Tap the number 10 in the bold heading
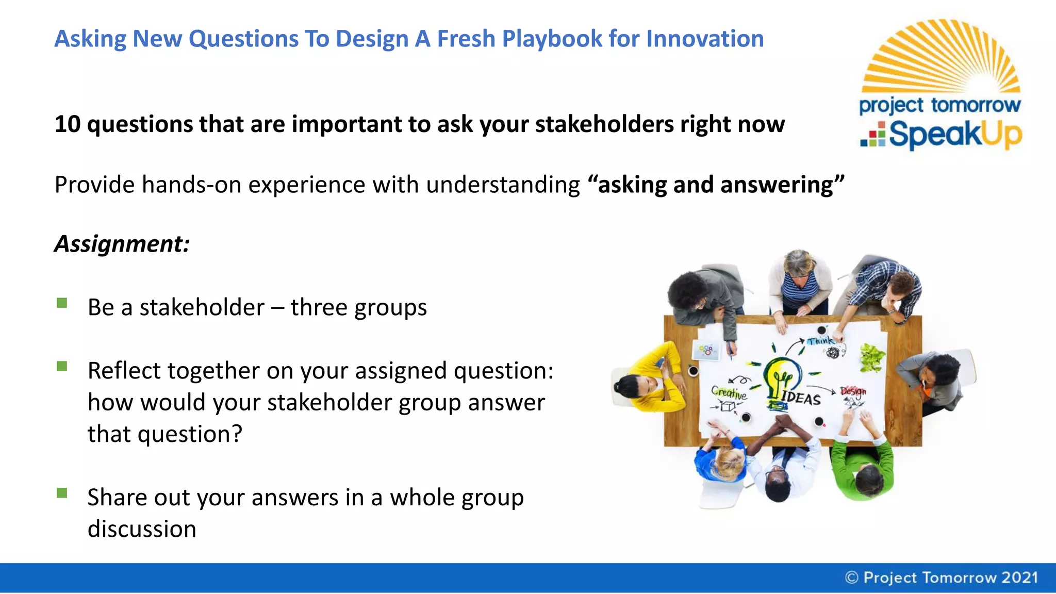(x=68, y=124)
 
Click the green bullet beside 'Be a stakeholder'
(x=62, y=303)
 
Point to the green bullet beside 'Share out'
(x=62, y=493)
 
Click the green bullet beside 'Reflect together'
(x=62, y=367)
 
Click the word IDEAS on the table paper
(x=800, y=398)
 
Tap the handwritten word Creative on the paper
(x=728, y=393)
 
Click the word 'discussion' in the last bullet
(x=142, y=530)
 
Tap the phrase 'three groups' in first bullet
(x=358, y=308)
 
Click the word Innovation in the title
(x=705, y=39)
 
